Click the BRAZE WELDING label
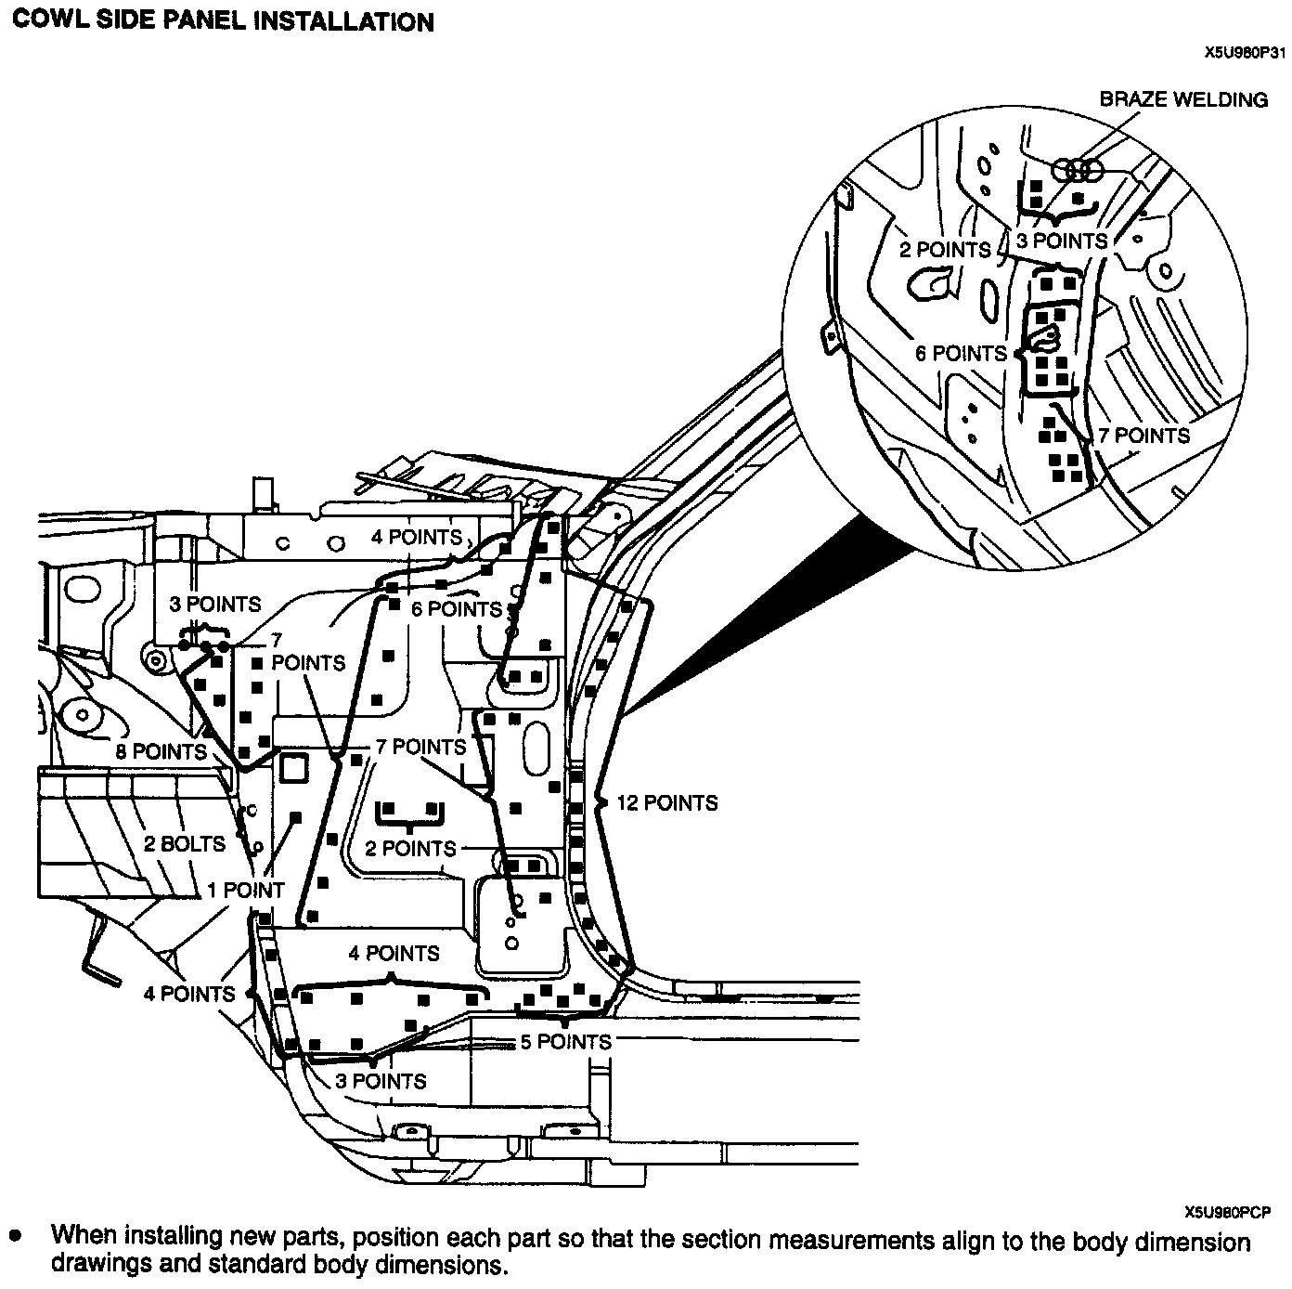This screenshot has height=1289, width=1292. coord(1183,99)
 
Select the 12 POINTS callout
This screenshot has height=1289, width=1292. coord(667,802)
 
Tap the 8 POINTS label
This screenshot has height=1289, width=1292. coord(161,750)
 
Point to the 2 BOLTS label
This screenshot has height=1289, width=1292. coord(184,843)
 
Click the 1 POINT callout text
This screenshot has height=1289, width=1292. coord(245,890)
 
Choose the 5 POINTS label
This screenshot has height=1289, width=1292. coord(565,1042)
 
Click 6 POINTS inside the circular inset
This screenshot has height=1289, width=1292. coord(961,353)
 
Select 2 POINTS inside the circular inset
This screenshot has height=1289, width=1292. coord(945,249)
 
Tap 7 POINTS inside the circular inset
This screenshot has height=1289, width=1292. coord(1143,435)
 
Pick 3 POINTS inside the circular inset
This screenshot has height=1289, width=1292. coord(1062,241)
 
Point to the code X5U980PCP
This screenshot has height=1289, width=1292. coord(1227,1211)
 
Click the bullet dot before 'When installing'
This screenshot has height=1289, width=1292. coord(15,1237)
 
